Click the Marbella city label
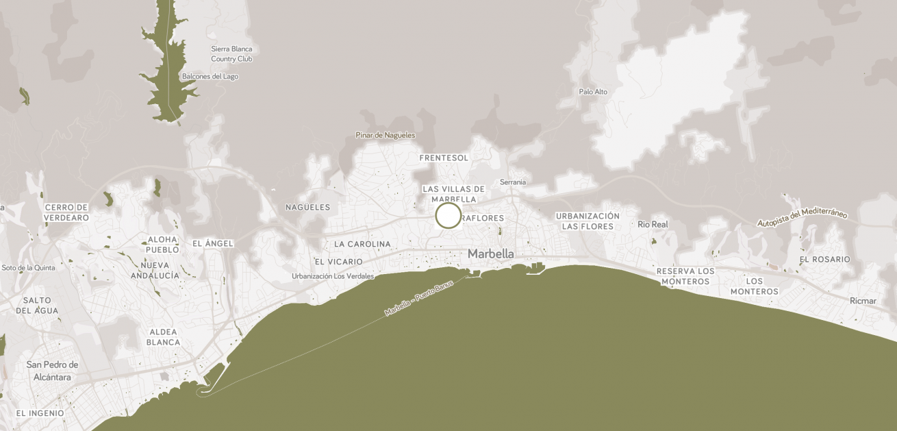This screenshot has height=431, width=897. (490, 254)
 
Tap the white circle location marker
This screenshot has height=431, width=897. (448, 215)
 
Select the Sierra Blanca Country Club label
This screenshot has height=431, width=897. (231, 54)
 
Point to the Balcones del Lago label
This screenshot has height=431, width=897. (210, 76)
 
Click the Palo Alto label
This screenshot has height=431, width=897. (593, 92)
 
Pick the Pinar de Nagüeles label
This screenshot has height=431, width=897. (386, 135)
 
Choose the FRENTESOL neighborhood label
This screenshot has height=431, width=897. (444, 158)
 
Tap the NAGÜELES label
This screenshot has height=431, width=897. (307, 207)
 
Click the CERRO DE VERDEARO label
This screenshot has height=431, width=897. (66, 212)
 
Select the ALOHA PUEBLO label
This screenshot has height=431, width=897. (163, 245)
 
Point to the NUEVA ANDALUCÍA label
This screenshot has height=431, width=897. (155, 270)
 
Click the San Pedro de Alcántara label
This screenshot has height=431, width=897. (52, 371)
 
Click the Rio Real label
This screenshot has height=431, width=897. (652, 224)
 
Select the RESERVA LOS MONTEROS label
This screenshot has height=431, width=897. (685, 276)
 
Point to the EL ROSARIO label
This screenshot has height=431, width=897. (824, 259)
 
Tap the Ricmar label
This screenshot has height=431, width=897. (862, 301)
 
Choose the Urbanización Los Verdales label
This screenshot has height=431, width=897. (333, 276)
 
